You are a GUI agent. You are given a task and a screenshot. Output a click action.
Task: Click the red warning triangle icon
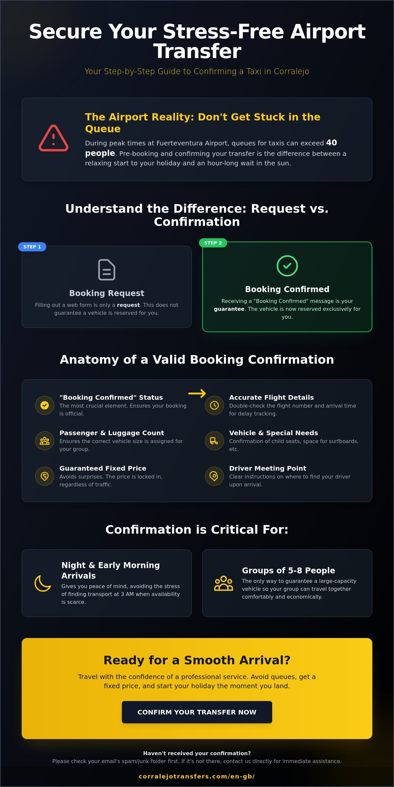(54, 138)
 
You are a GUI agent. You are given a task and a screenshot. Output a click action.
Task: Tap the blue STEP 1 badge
(32, 247)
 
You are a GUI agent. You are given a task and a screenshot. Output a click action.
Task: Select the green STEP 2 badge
(213, 243)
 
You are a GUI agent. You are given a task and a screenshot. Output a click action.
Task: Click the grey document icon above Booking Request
(107, 270)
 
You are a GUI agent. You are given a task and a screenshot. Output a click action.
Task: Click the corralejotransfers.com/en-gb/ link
(197, 776)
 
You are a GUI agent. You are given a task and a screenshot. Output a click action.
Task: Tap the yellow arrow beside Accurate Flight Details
(197, 393)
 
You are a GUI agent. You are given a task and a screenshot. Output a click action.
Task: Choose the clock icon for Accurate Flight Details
(214, 405)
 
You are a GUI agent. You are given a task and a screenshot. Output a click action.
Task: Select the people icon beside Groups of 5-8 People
(224, 583)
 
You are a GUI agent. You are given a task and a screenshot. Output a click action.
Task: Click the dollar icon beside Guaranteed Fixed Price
(45, 476)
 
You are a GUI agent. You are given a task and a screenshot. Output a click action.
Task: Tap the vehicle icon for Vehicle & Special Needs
(214, 441)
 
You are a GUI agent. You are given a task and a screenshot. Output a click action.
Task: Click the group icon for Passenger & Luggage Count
(45, 441)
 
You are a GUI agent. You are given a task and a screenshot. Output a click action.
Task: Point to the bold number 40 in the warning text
(332, 143)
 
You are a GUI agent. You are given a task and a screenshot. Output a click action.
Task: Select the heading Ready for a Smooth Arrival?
(197, 660)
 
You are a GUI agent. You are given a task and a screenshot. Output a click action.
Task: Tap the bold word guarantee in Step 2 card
(229, 309)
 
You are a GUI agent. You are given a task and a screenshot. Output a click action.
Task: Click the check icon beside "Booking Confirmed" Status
(45, 405)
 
